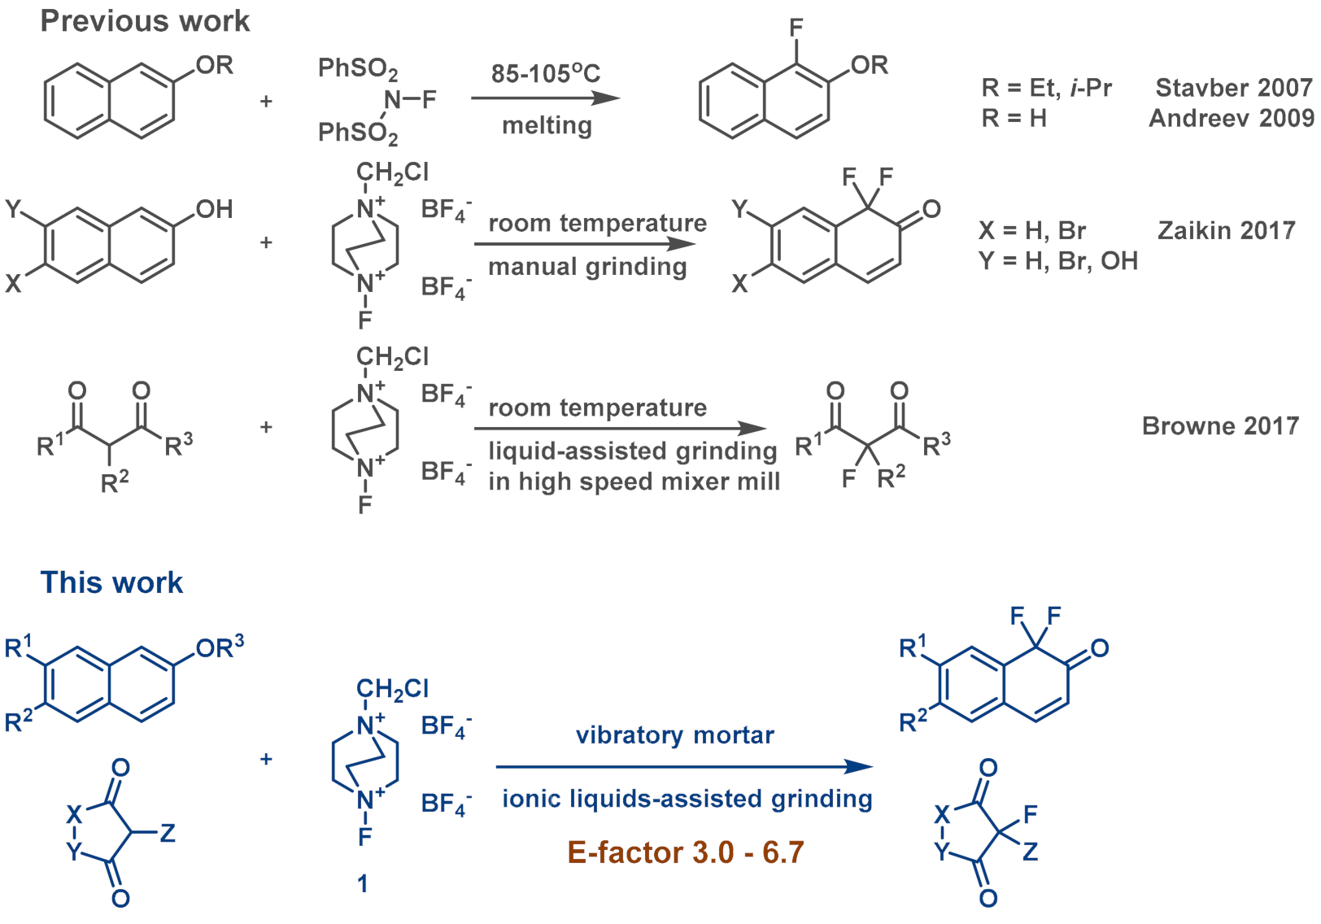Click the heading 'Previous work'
tap(145, 21)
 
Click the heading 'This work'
tap(111, 582)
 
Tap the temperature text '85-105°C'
tap(545, 74)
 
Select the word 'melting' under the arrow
tap(547, 126)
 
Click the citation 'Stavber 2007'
tap(1233, 88)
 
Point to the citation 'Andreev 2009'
tap(1231, 119)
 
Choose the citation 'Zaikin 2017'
tap(1226, 231)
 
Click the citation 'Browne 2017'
tap(1220, 426)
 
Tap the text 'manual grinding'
tap(587, 267)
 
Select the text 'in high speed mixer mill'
tap(634, 482)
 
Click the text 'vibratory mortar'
tap(674, 735)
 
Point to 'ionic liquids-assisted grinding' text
tap(687, 799)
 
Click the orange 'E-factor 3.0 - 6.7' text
tap(686, 852)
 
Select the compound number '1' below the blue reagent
tap(363, 883)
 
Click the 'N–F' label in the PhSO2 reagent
tap(410, 99)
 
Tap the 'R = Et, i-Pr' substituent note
tap(1046, 88)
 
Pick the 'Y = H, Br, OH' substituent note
tap(1057, 261)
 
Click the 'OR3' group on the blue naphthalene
tap(220, 648)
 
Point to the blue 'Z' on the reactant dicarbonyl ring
tap(168, 833)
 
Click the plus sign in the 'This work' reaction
tap(266, 759)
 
